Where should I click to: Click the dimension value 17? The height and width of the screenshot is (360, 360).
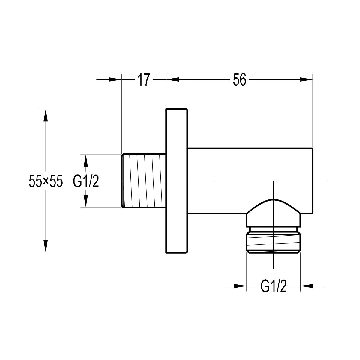[x=144, y=80]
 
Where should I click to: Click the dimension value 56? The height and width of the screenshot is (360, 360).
[x=240, y=80]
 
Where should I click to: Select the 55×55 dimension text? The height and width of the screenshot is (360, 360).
[x=46, y=181]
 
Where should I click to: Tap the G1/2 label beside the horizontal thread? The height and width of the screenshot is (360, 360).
[x=86, y=181]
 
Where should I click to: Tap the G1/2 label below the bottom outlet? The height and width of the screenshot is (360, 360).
[x=274, y=286]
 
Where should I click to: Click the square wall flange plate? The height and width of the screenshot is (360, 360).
[x=176, y=181]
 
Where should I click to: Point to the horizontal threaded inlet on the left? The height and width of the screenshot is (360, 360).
[x=143, y=181]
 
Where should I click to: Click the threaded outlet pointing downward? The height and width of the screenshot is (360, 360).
[x=274, y=244]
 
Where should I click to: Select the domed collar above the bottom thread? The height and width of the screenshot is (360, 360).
[x=274, y=213]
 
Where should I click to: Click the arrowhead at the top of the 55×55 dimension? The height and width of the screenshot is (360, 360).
[x=46, y=115]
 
